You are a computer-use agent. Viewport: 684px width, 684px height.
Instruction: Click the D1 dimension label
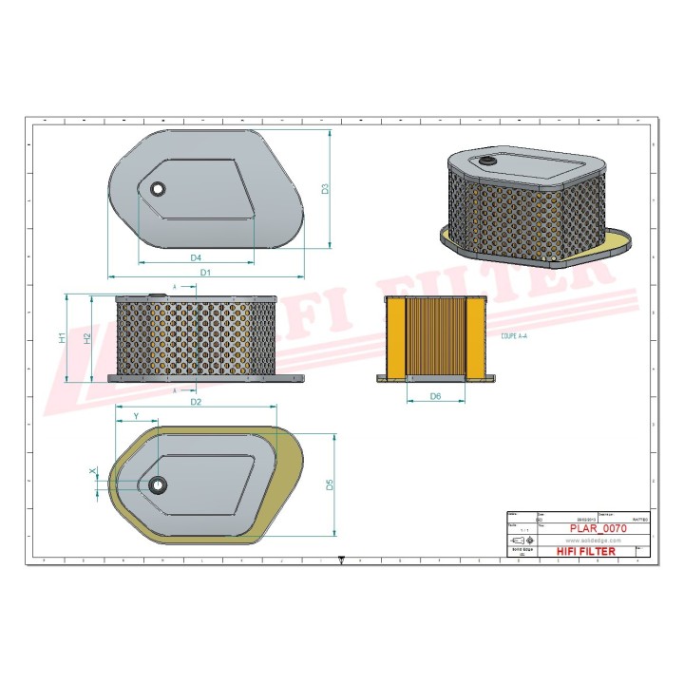tap(205, 273)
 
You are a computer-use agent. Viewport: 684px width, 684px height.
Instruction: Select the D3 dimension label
tap(324, 188)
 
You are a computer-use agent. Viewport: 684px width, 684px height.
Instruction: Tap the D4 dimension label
tap(196, 257)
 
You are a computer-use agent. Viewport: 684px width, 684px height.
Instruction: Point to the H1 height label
tap(61, 337)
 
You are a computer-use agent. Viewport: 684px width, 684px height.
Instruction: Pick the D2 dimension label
tap(197, 402)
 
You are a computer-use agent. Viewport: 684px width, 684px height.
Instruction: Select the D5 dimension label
tap(330, 484)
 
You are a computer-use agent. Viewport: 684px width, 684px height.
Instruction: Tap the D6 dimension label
tap(435, 395)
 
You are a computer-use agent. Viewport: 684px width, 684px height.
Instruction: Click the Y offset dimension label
tap(135, 416)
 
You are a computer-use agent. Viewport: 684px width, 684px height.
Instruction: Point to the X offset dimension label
tap(92, 471)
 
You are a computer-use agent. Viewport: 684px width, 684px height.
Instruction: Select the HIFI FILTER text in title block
tap(586, 551)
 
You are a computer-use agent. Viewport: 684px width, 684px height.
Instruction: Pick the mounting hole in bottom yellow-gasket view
tap(157, 484)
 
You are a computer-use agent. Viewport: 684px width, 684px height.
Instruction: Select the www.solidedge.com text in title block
tap(586, 539)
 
